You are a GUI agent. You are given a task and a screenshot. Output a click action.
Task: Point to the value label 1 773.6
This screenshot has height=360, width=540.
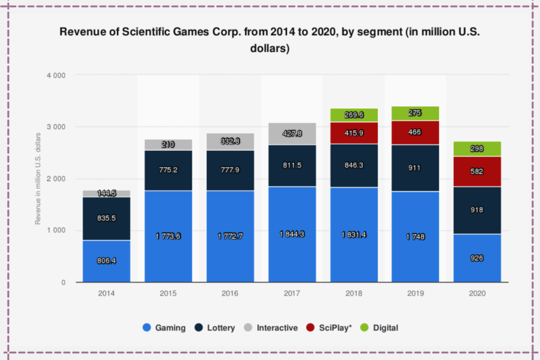168,236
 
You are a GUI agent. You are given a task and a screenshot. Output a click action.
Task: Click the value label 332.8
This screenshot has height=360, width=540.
230,141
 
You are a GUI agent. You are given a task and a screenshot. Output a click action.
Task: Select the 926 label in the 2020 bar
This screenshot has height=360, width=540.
477,258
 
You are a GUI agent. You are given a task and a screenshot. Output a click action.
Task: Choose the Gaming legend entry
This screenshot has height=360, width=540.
165,328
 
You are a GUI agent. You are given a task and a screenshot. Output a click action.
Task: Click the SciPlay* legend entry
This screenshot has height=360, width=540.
330,328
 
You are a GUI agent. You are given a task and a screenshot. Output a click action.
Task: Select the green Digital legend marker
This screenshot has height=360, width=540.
364,328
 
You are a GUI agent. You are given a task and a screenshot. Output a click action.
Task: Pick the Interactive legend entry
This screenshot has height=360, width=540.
271,328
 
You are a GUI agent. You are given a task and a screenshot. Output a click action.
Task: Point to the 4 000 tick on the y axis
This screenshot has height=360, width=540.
56,75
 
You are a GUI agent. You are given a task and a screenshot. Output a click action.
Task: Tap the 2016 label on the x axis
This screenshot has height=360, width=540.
230,293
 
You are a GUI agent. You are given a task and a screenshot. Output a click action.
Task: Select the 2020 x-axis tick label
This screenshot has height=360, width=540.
477,293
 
